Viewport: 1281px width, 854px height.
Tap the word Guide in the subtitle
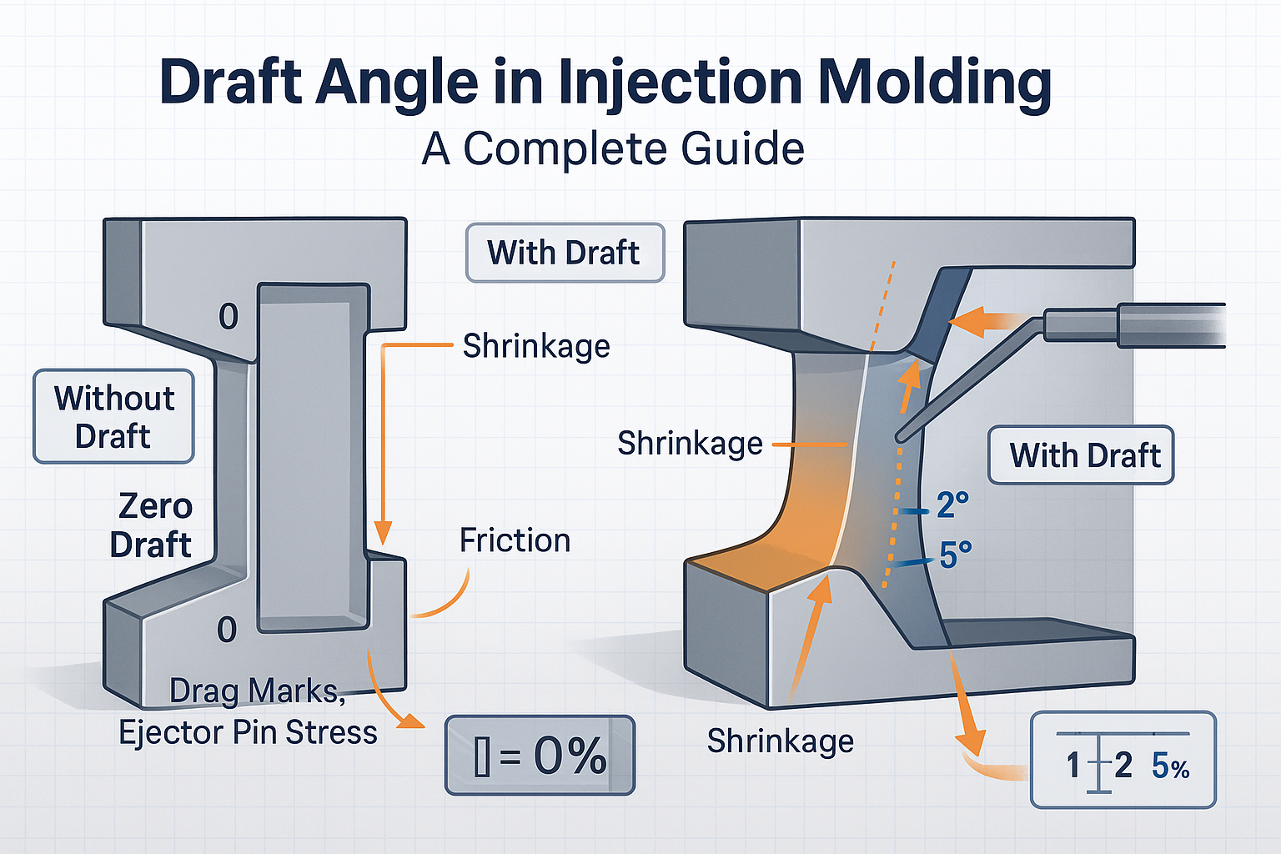742,149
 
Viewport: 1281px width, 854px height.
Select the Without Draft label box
114,416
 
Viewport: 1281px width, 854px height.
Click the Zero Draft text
153,525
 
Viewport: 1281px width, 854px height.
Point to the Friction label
515,540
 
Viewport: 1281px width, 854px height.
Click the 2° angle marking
952,505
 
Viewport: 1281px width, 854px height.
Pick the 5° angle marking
956,555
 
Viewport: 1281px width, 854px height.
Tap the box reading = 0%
540,756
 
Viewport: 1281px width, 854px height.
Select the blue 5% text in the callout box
1170,766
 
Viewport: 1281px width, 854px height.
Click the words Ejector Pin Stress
248,732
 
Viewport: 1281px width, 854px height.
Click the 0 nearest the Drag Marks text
227,630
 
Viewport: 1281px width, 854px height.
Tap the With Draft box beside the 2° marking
1082,455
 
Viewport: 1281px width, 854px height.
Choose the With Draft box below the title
565,253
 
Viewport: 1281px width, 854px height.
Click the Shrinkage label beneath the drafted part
781,741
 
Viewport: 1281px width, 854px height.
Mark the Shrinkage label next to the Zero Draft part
536,346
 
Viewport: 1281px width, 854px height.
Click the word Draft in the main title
230,83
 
